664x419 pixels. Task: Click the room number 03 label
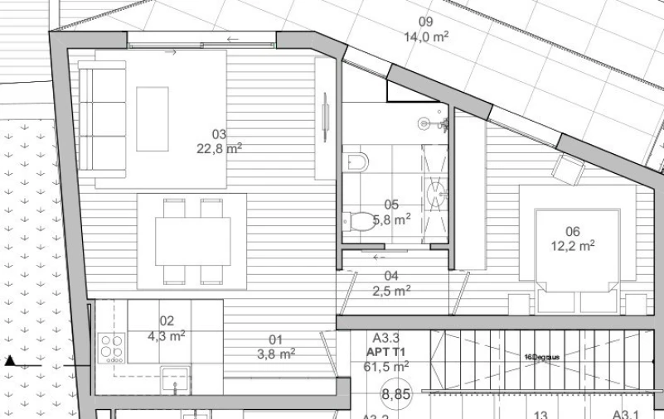coord(219,134)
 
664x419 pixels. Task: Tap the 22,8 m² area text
coord(219,149)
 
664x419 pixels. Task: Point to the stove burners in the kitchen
coord(111,348)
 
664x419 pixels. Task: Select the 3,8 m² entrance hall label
coord(276,354)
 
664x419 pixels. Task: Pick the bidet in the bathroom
coord(354,159)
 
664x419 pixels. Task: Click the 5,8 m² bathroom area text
coord(392,219)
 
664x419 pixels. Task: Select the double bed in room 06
coord(578,249)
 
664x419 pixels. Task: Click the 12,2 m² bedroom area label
coord(573,246)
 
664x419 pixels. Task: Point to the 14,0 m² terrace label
coord(426,37)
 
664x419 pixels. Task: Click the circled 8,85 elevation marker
coord(396,395)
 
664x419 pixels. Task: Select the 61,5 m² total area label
coord(386,366)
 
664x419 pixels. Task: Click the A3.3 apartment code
coord(386,338)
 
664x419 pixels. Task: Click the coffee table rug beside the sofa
coord(153,118)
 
